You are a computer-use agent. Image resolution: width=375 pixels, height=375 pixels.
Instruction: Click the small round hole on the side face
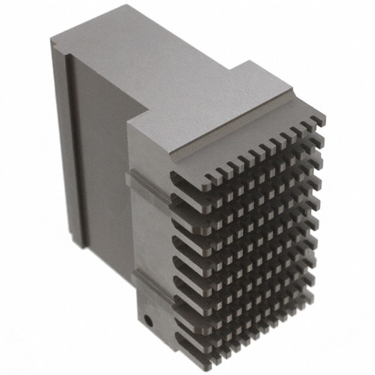[149, 321]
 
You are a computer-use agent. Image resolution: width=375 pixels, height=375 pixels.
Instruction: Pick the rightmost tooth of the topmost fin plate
[320, 120]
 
